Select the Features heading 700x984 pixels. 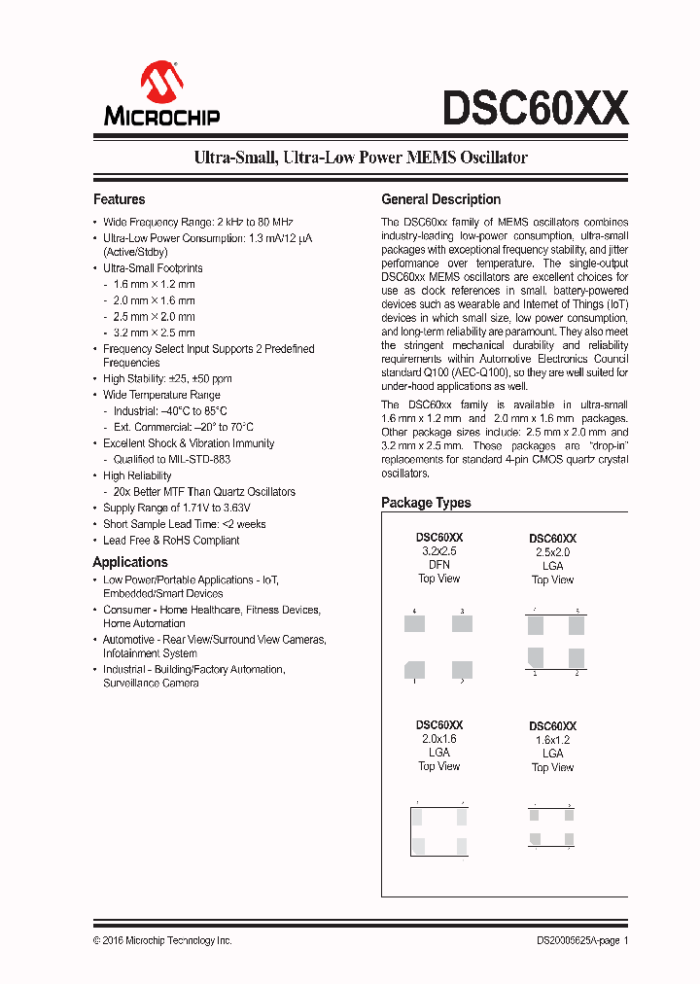point(119,199)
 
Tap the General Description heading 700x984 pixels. point(440,199)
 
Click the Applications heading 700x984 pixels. point(129,562)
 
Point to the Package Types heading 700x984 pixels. point(426,503)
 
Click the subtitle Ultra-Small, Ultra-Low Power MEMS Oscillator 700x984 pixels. point(361,157)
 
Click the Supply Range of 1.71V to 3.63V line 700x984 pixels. point(177,508)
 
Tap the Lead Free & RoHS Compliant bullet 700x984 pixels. point(171,541)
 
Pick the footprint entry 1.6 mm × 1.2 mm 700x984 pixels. point(154,284)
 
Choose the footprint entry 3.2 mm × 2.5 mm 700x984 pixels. point(154,333)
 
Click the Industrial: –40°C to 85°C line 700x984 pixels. point(170,411)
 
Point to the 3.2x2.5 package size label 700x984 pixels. point(438,551)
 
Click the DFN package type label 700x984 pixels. point(438,565)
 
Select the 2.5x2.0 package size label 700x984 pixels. point(552,552)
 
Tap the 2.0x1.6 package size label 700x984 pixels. point(438,739)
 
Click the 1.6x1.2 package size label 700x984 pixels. point(552,740)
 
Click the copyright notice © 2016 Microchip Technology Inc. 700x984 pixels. point(162,940)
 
